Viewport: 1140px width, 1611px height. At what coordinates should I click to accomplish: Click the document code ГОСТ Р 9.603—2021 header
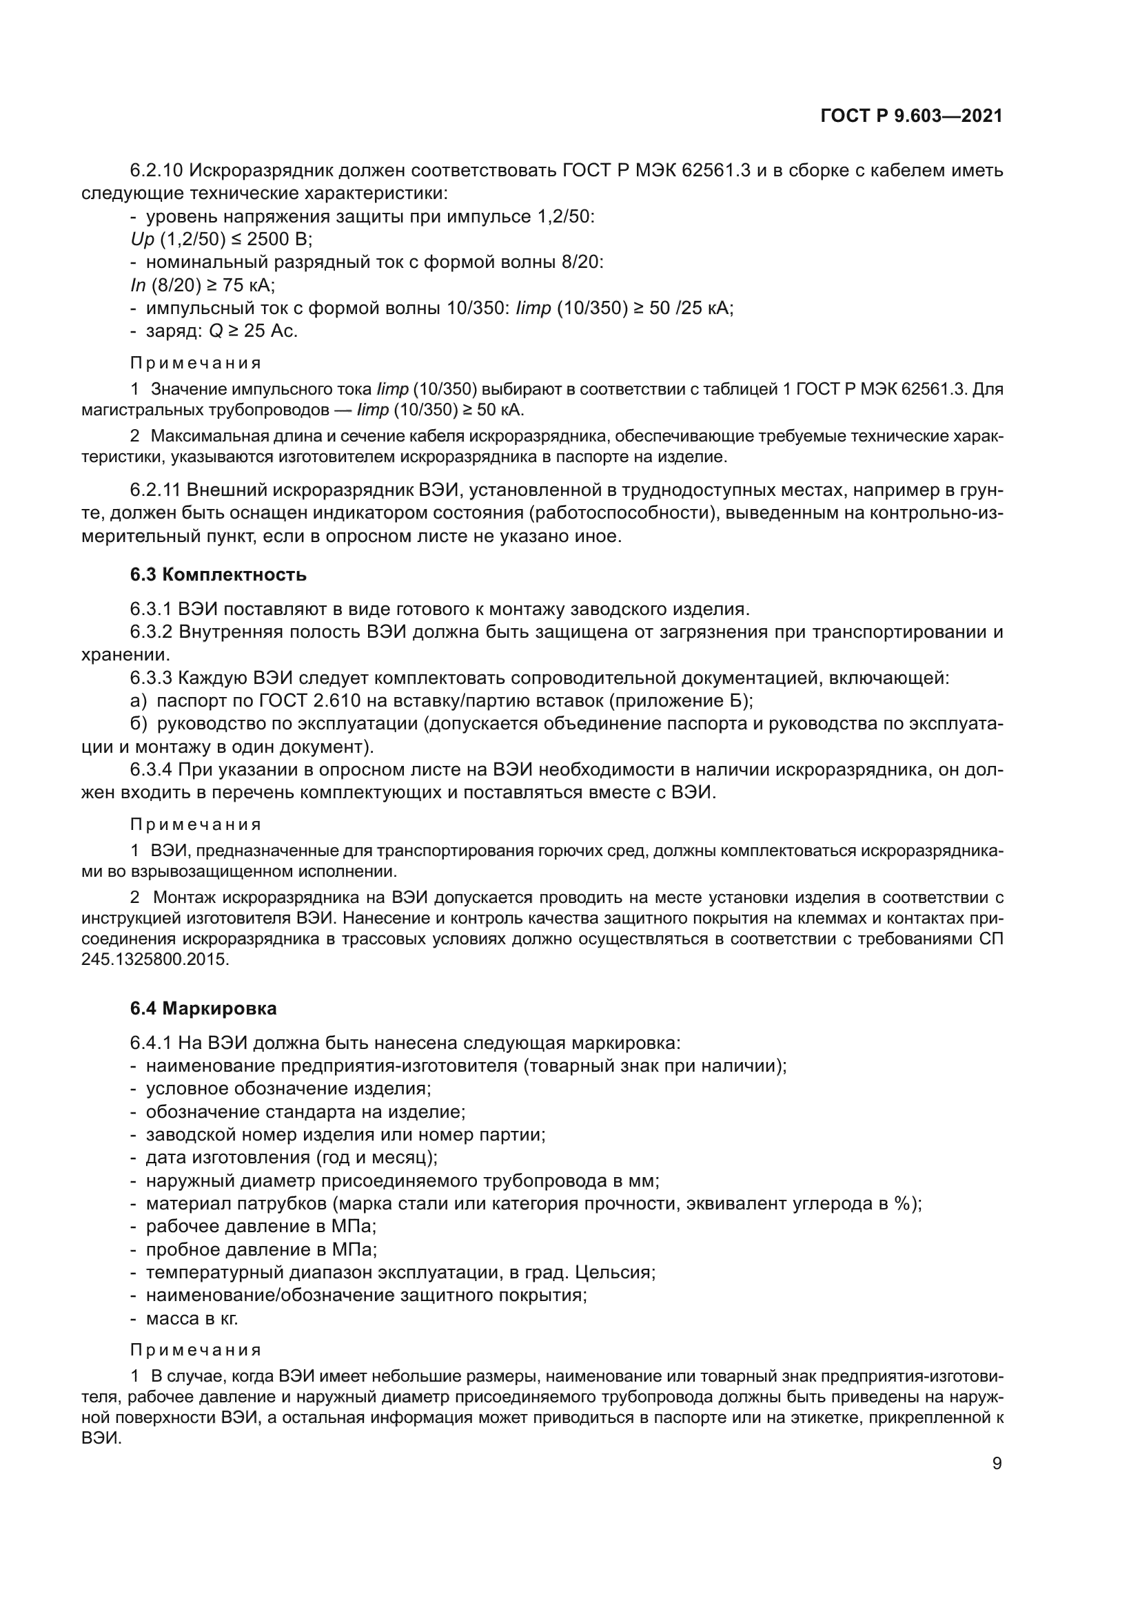pyautogui.click(x=910, y=116)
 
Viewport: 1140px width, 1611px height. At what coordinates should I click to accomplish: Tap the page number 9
pyautogui.click(x=996, y=1464)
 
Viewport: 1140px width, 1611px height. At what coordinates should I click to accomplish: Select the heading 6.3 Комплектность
pyautogui.click(x=218, y=574)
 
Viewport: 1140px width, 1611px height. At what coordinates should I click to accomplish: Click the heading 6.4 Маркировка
pyautogui.click(x=203, y=1008)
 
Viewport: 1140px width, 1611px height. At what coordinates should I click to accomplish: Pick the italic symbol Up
pyautogui.click(x=142, y=239)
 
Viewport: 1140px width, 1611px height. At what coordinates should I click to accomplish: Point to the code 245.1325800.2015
pyautogui.click(x=155, y=959)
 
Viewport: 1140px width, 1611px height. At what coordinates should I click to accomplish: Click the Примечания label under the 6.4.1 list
pyautogui.click(x=196, y=1350)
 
